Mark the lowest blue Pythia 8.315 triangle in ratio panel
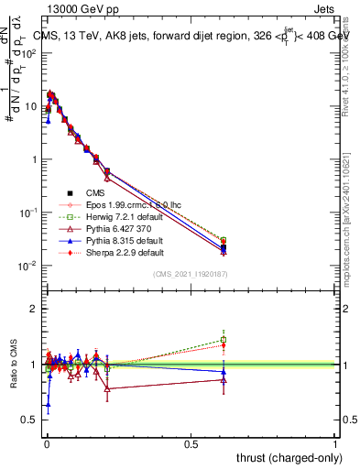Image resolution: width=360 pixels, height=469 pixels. coord(48,404)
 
